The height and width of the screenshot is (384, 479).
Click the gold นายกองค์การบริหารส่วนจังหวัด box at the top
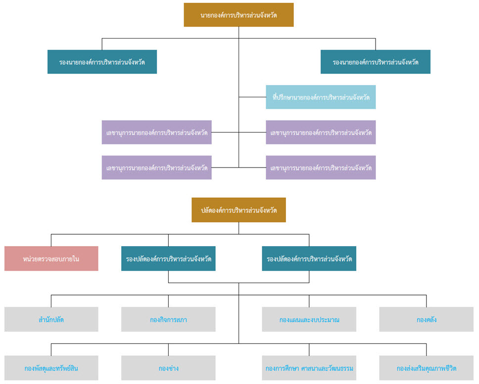click(239, 15)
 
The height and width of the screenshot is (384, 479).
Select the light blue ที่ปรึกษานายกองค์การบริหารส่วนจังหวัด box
click(321, 97)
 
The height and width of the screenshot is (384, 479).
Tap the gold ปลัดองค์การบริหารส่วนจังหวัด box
click(239, 210)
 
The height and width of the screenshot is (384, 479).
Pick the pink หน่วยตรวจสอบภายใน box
click(51, 258)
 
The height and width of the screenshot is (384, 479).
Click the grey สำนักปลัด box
click(51, 319)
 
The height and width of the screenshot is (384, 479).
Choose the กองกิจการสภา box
click(168, 319)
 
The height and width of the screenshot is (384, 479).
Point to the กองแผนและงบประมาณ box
click(309, 319)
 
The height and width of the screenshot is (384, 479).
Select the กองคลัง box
click(427, 319)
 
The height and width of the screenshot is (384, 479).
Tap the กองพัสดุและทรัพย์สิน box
click(51, 368)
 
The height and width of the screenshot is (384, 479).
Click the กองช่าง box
click(168, 368)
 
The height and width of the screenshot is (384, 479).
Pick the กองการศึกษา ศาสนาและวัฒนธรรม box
click(309, 368)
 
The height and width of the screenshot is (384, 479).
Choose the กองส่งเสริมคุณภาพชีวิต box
click(427, 368)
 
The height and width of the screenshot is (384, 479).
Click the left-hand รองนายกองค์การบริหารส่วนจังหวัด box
click(102, 62)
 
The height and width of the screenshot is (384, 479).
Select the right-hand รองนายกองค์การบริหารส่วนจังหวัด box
click(376, 62)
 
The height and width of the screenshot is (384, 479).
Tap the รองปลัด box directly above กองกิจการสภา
click(168, 258)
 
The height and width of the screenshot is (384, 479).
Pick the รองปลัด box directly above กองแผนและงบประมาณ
click(309, 258)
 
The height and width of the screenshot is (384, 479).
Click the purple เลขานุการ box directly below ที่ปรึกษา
click(321, 132)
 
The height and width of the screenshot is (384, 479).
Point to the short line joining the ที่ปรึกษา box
click(252, 97)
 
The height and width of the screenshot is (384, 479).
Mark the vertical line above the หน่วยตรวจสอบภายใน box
click(51, 240)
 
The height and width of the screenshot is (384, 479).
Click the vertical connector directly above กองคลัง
click(427, 301)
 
